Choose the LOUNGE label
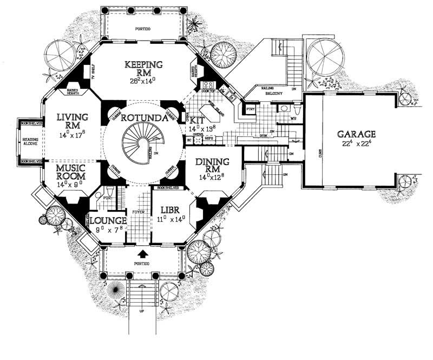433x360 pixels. click(107, 221)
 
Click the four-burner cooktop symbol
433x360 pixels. click(207, 85)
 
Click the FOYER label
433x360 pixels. click(140, 212)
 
